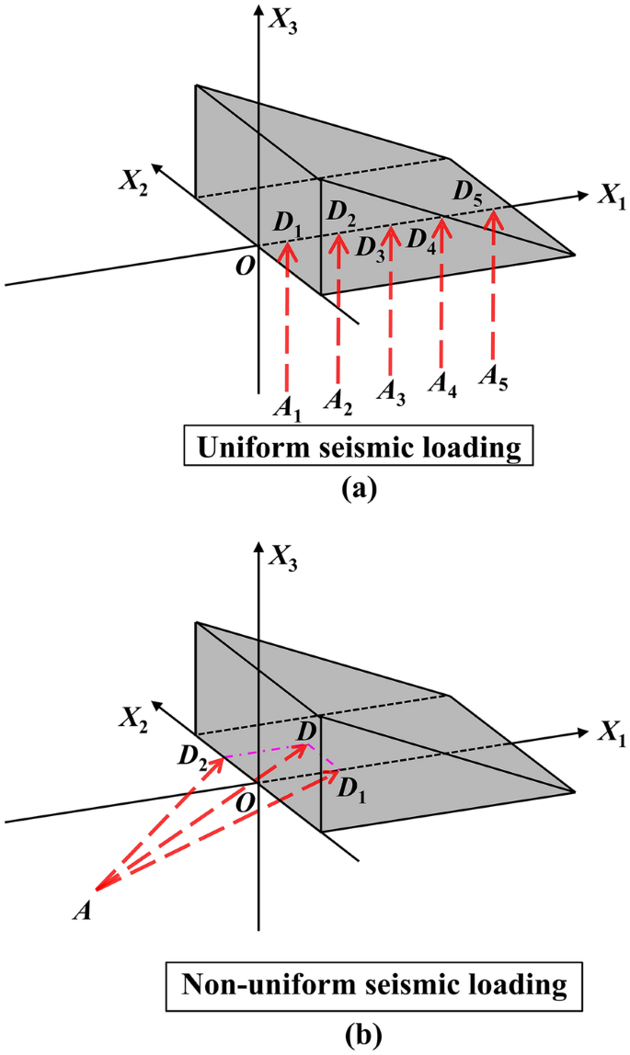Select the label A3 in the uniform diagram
pyautogui.click(x=392, y=390)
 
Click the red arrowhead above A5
pyautogui.click(x=495, y=217)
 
